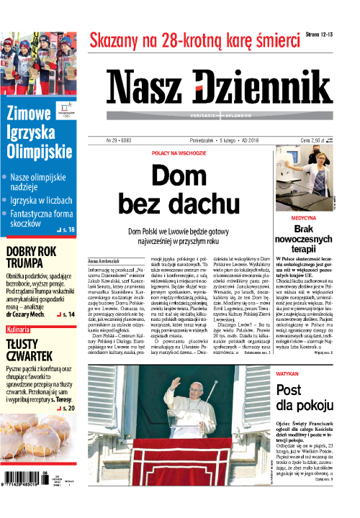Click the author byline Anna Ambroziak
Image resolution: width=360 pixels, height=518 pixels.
click(107, 259)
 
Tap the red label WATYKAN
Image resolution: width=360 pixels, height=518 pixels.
click(289, 376)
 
